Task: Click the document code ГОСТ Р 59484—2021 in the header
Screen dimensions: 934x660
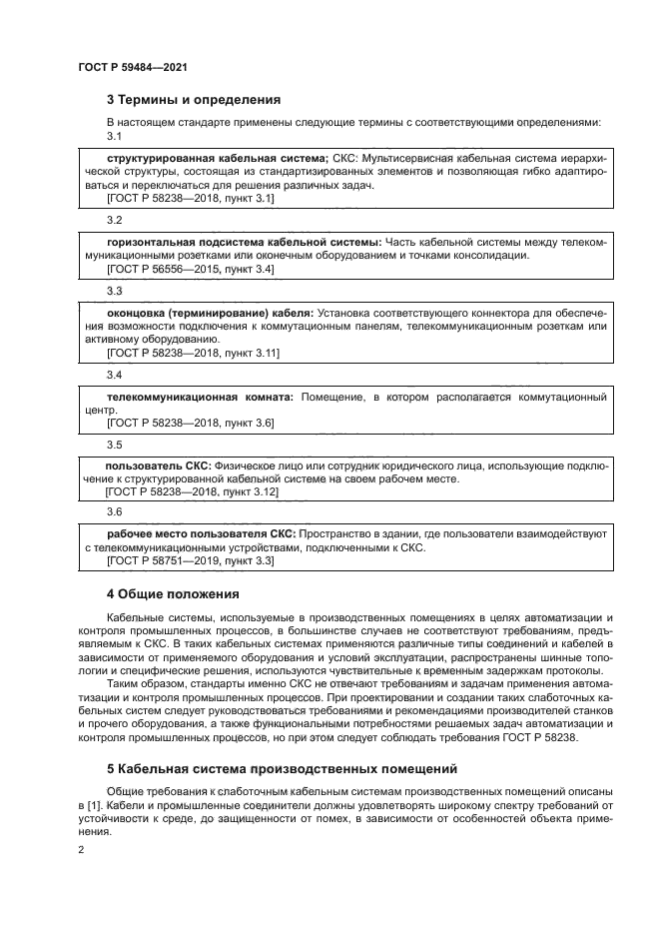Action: point(133,67)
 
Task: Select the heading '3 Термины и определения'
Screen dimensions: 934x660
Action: point(194,100)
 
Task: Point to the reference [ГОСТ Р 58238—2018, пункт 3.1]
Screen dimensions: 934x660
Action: point(190,199)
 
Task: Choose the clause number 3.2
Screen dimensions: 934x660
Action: point(114,219)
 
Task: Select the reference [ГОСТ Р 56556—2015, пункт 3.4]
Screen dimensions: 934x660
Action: point(190,270)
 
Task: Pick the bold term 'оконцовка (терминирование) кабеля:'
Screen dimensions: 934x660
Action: point(210,313)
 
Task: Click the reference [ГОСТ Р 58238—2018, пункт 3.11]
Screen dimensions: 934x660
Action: point(193,354)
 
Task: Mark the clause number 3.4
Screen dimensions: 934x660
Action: point(114,375)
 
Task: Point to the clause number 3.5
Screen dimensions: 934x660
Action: point(114,445)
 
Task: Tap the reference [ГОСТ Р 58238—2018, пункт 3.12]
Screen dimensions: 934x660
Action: point(192,492)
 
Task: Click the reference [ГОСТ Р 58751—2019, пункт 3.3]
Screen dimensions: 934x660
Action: point(190,562)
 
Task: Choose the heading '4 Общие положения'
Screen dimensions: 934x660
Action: point(168,594)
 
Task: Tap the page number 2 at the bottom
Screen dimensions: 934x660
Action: point(81,849)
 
